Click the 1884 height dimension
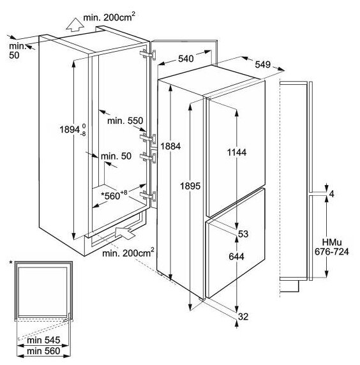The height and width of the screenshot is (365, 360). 170,146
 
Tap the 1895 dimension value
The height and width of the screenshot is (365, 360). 190,186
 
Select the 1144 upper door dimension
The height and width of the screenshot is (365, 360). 237,153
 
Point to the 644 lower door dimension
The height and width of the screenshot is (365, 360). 237,257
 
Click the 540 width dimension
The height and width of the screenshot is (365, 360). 186,59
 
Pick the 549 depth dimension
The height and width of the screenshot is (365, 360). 263,64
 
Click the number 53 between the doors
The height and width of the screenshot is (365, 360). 243,234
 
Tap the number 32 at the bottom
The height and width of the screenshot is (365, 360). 243,317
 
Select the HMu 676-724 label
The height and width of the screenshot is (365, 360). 332,247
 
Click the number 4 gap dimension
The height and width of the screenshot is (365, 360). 332,194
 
